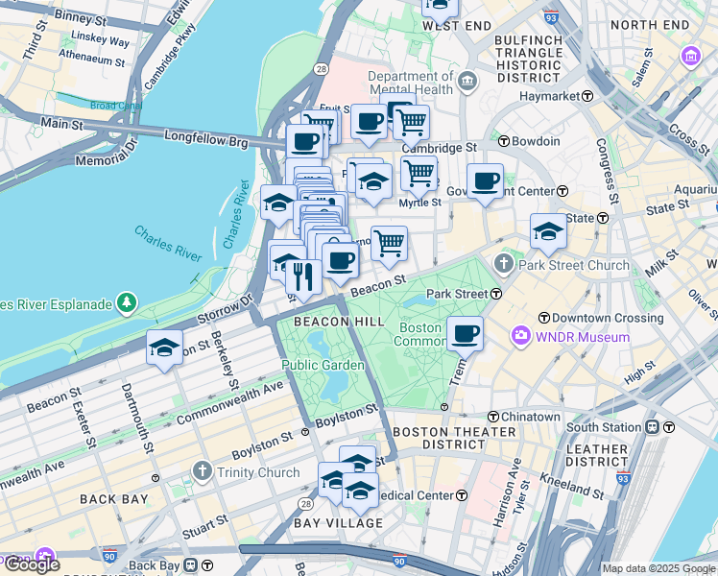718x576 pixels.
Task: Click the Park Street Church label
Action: point(574,265)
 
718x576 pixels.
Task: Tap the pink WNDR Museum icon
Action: point(520,336)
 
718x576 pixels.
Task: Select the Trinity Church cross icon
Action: point(201,471)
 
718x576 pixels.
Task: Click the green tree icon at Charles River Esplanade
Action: point(127,304)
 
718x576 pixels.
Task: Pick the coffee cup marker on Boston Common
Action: point(465,334)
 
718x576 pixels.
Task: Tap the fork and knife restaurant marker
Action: point(303,277)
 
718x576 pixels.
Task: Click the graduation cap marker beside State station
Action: point(548,231)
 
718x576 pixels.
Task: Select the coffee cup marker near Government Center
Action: point(485,180)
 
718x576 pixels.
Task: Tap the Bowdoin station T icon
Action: point(503,141)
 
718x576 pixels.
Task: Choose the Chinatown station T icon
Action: point(492,417)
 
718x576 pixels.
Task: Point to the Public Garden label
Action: point(323,365)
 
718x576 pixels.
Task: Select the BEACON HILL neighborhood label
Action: point(325,322)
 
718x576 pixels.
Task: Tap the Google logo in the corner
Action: point(31,564)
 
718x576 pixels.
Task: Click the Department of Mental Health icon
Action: point(467,80)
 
